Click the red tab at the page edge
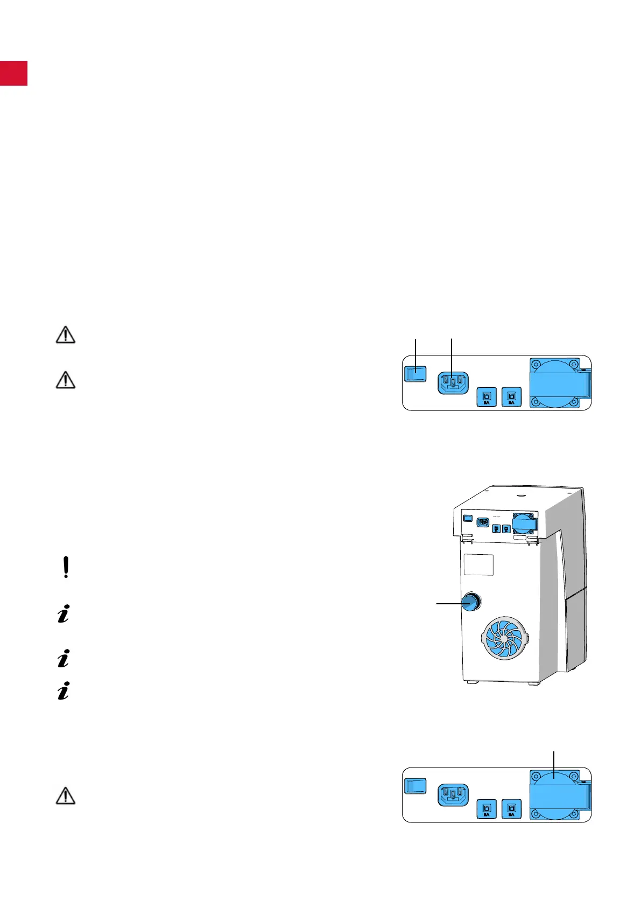(13, 73)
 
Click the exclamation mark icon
(66, 568)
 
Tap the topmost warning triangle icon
(66, 335)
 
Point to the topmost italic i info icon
(64, 614)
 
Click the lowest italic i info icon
(64, 692)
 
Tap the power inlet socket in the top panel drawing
(453, 383)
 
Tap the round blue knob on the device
(471, 602)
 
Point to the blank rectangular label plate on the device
(478, 564)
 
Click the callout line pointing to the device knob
(449, 604)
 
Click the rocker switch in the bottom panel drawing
(415, 786)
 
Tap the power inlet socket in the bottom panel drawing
(453, 795)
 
